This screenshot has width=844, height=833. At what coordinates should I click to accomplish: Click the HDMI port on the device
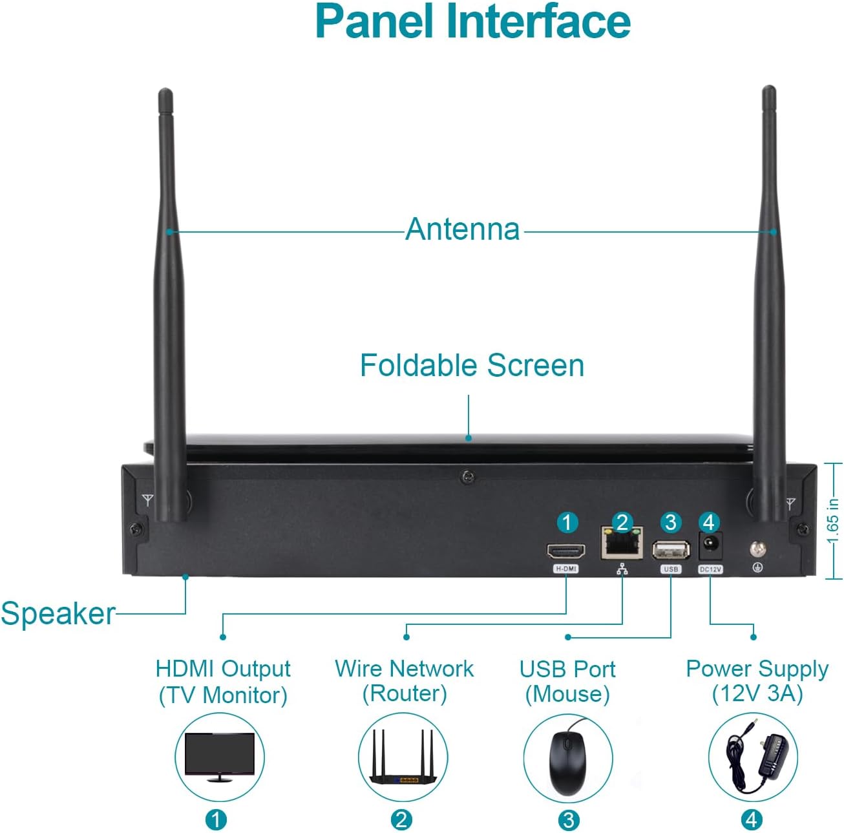566,551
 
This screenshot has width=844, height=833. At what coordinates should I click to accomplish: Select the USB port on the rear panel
671,550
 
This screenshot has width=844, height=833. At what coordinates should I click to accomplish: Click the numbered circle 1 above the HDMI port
567,522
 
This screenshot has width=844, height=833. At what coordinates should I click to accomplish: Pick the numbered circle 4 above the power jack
709,522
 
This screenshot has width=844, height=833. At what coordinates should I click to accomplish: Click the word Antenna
463,229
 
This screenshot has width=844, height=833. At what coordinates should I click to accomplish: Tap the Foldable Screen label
472,365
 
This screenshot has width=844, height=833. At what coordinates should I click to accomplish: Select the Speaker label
58,613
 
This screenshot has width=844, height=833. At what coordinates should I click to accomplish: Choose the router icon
402,757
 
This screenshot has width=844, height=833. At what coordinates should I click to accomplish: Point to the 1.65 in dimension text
832,520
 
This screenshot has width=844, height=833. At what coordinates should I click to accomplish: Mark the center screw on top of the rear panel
468,478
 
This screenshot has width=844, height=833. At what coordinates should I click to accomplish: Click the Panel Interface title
472,21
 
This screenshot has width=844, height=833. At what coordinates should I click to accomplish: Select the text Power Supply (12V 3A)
757,681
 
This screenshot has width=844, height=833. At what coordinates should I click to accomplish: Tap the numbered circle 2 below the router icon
401,820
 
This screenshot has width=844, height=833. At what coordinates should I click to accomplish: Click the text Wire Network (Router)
404,681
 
